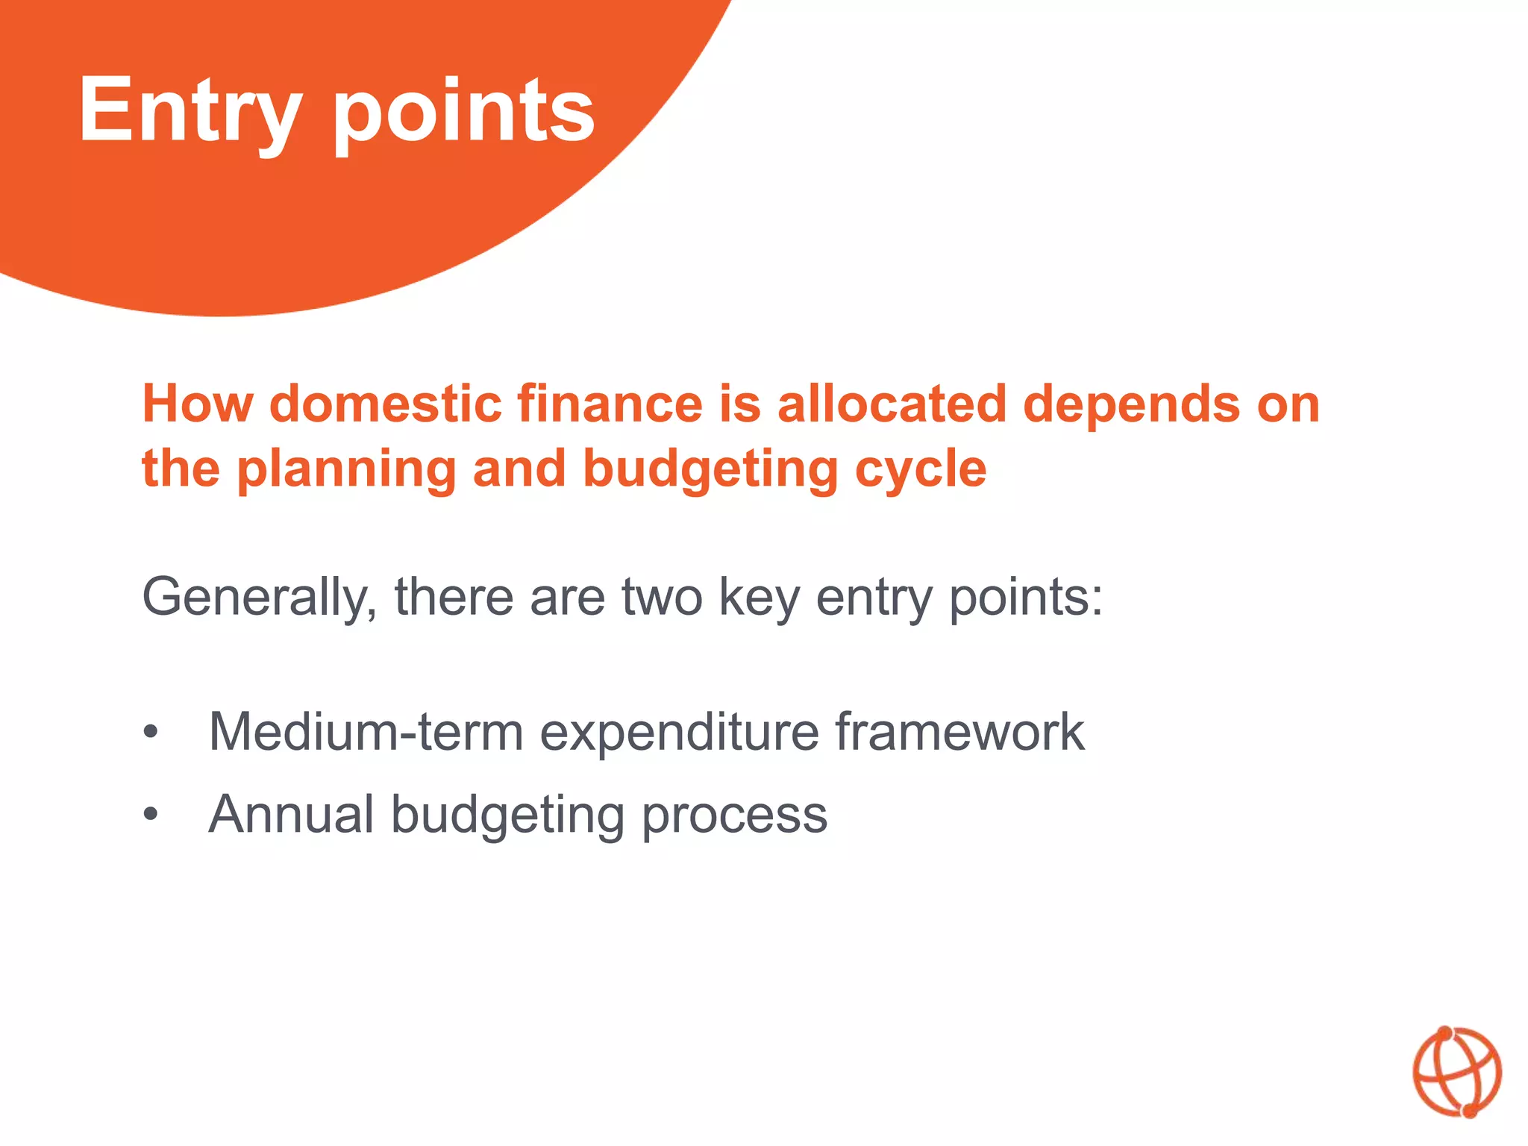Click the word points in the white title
[x=463, y=112]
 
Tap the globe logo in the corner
[x=1456, y=1072]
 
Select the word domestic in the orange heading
[x=385, y=404]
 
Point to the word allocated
[x=892, y=404]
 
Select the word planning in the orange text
[x=346, y=470]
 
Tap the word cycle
[x=921, y=470]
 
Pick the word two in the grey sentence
[x=662, y=598]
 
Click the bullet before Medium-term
[x=151, y=732]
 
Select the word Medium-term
[x=366, y=732]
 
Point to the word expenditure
[x=679, y=732]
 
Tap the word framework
[x=959, y=732]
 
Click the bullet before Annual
[x=151, y=815]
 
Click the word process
[x=734, y=815]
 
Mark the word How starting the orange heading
[x=197, y=404]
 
